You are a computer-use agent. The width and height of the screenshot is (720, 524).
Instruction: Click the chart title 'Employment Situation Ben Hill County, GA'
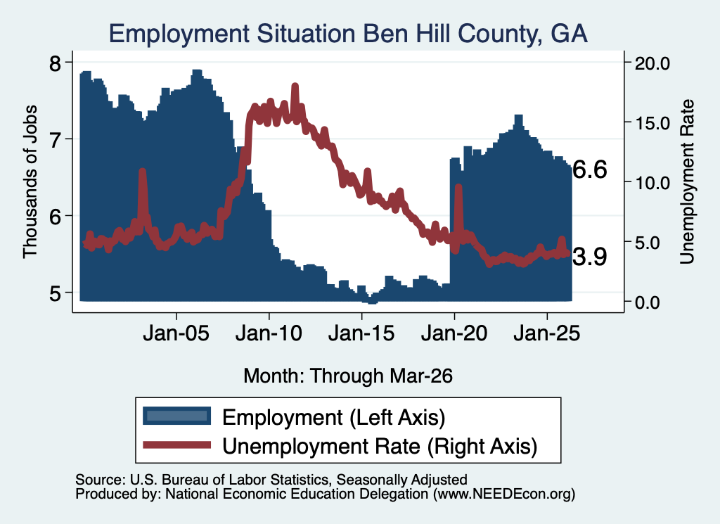point(348,34)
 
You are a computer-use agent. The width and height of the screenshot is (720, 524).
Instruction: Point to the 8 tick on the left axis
point(55,63)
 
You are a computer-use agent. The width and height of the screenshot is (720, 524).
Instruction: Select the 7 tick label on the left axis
point(55,139)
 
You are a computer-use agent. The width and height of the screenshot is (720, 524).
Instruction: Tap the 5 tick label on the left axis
point(55,293)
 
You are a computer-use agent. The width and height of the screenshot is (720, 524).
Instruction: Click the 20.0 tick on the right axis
point(652,63)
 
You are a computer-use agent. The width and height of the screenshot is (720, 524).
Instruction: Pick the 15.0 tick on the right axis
point(652,123)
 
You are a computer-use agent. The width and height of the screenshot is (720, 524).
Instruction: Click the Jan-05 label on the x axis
point(176,333)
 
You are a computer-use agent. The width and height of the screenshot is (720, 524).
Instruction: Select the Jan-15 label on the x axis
point(361,333)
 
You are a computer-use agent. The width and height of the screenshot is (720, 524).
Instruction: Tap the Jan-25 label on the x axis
point(547,333)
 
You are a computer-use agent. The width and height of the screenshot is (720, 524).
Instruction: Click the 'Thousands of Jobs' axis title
point(30,182)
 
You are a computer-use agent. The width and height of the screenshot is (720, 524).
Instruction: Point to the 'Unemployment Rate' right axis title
point(687,182)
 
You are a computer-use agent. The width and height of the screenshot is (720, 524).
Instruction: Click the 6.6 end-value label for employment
point(590,170)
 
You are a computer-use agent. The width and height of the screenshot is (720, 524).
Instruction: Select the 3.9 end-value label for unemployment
point(590,256)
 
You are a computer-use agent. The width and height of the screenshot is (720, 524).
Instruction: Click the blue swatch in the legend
point(176,416)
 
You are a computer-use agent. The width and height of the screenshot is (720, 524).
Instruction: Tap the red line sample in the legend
point(176,445)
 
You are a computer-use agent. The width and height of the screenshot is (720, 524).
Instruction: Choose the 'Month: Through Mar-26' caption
point(348,376)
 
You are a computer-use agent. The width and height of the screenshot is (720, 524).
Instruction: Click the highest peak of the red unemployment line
point(295,87)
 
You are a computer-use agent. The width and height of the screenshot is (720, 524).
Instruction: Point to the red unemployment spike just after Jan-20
point(458,187)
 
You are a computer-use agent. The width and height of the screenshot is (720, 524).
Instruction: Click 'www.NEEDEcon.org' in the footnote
point(503,494)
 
